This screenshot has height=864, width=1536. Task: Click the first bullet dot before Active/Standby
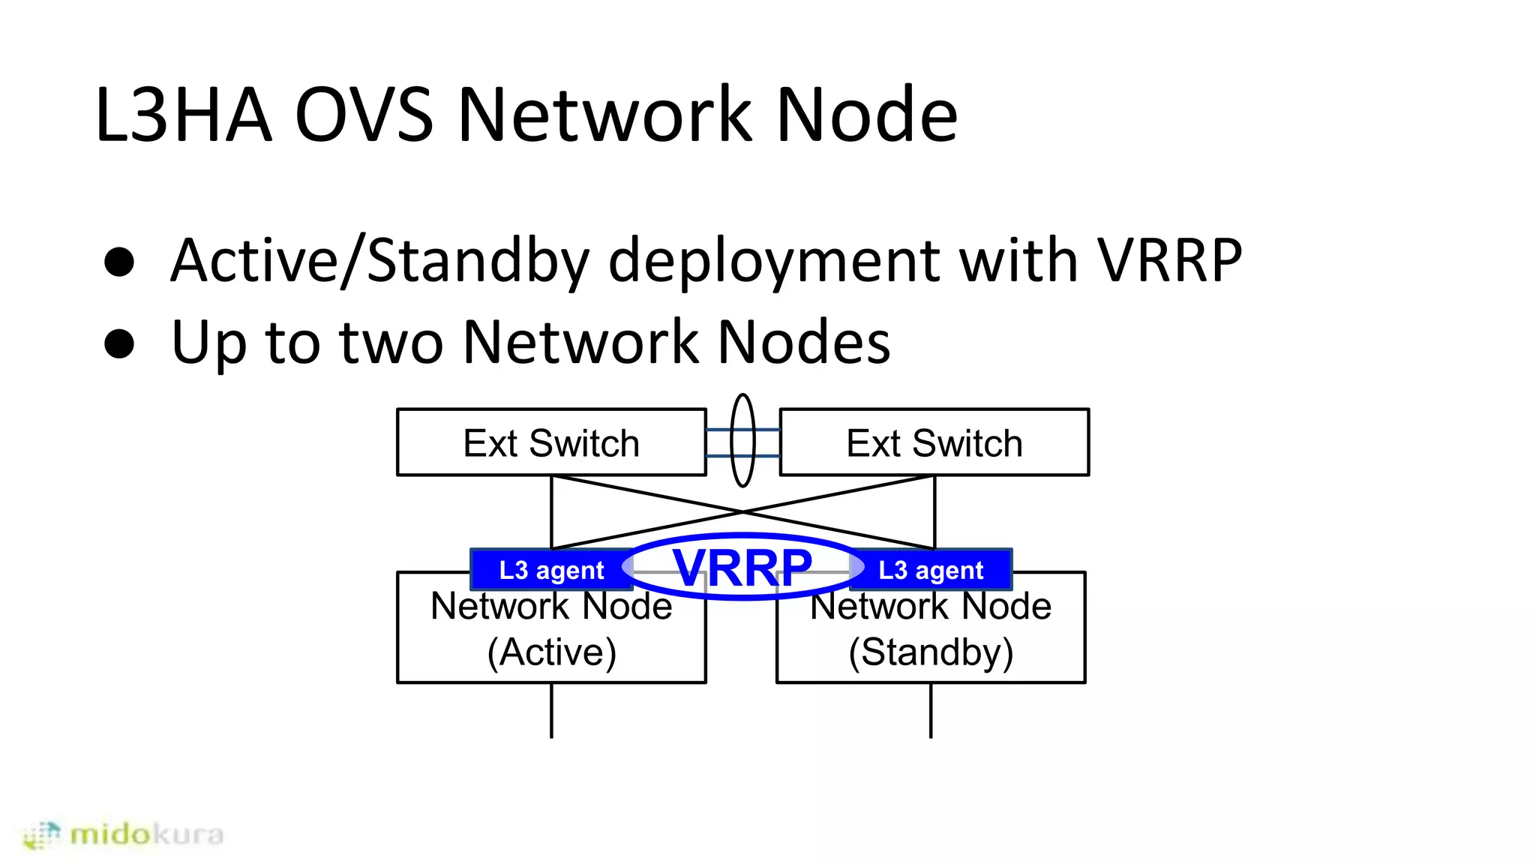click(119, 262)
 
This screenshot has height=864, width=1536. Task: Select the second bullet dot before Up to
click(119, 343)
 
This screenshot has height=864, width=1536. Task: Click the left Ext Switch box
click(551, 442)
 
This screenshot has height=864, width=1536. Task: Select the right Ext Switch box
click(934, 442)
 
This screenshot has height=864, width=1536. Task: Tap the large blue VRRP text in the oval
click(742, 568)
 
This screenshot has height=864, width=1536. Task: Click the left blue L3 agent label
click(550, 570)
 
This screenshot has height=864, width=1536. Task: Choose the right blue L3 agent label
click(930, 570)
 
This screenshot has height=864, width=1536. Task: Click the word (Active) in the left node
click(551, 652)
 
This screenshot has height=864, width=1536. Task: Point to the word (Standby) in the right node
click(931, 652)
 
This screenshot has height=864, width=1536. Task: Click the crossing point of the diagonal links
click(742, 511)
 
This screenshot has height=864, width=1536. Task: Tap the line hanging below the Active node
click(551, 710)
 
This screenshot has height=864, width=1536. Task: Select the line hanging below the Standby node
click(931, 710)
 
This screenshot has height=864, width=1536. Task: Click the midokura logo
click(124, 834)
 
